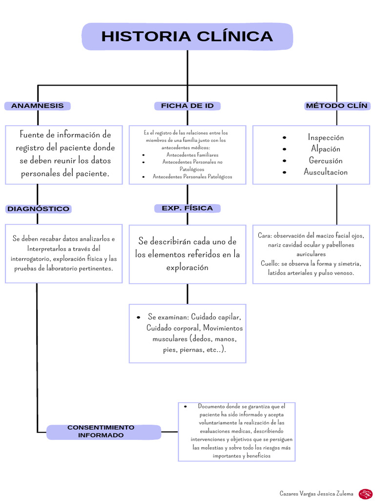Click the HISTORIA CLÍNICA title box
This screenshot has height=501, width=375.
click(x=187, y=37)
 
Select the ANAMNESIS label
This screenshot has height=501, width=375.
click(x=38, y=106)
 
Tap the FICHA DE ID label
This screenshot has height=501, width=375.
click(x=187, y=106)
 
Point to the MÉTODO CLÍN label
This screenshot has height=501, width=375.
click(x=337, y=106)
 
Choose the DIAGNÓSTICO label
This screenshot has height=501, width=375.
click(x=38, y=209)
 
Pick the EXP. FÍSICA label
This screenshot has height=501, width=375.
click(x=187, y=208)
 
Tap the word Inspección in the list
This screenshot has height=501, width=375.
click(x=326, y=137)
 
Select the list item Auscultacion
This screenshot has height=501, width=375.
click(x=326, y=172)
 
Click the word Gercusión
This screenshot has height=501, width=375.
click(x=326, y=160)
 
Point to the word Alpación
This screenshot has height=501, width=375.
click(x=326, y=149)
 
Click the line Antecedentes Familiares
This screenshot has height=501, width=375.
click(x=192, y=155)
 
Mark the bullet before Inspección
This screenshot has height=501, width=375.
click(x=285, y=138)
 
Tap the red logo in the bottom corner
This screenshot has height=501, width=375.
click(x=365, y=494)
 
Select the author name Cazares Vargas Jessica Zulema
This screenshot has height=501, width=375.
click(x=316, y=494)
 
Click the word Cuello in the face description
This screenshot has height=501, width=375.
click(x=269, y=263)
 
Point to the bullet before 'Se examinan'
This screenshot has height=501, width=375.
click(x=139, y=317)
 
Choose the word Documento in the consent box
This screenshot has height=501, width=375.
click(x=212, y=406)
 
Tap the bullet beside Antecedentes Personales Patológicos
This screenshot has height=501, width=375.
click(x=144, y=177)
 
